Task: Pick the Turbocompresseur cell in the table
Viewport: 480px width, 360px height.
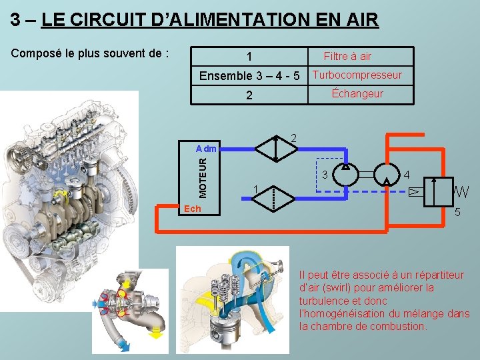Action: tap(357, 75)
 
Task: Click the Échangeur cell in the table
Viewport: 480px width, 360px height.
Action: tap(357, 93)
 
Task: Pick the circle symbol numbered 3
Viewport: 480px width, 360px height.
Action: tap(345, 176)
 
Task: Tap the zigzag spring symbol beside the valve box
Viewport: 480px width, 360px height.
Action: tap(461, 191)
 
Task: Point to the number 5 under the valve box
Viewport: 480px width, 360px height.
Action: tap(457, 213)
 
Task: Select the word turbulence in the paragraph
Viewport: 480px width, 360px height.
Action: tap(325, 301)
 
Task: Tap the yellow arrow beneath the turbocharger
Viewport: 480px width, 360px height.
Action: tap(157, 335)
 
